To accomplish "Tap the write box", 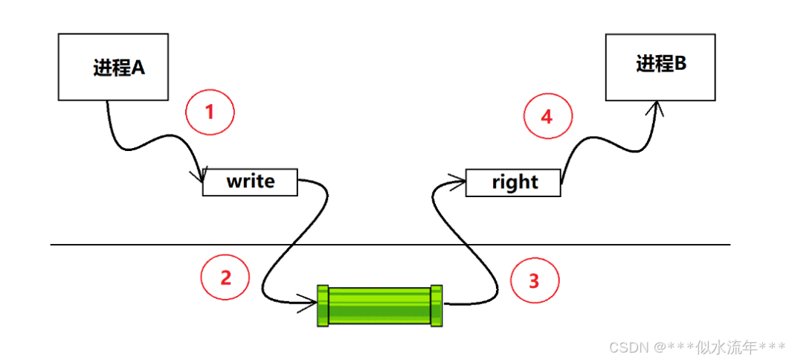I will pyautogui.click(x=250, y=182).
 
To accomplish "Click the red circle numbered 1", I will pyautogui.click(x=210, y=113).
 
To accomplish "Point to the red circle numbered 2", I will pyautogui.click(x=225, y=277).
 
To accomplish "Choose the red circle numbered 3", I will pyautogui.click(x=534, y=280).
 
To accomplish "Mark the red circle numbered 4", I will pyautogui.click(x=547, y=117).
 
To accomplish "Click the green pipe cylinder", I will pyautogui.click(x=379, y=305).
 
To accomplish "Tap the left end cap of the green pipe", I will pyautogui.click(x=323, y=305).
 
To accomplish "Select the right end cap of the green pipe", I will pyautogui.click(x=436, y=305).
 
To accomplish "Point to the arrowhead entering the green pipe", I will pyautogui.click(x=312, y=302).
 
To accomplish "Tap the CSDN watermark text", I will pyautogui.click(x=628, y=347).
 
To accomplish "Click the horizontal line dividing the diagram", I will pyautogui.click(x=387, y=244).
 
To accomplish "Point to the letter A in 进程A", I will pyautogui.click(x=138, y=68).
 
